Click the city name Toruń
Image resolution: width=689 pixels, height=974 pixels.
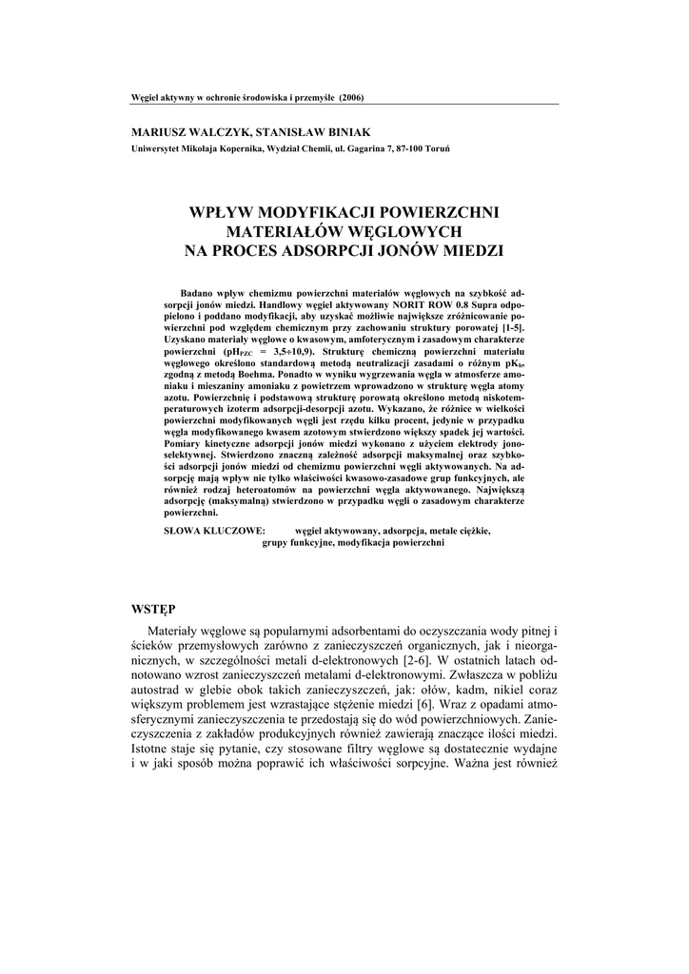438,148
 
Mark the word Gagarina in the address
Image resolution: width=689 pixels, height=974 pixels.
344,148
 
